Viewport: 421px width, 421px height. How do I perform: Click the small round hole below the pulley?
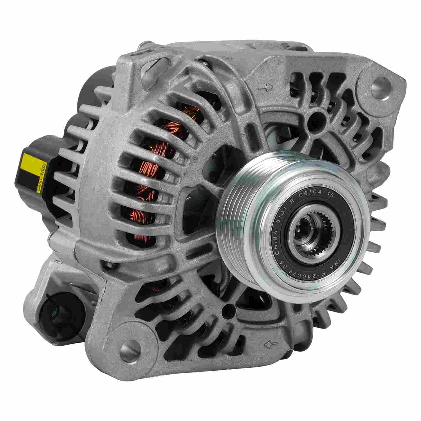pos(225,311)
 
